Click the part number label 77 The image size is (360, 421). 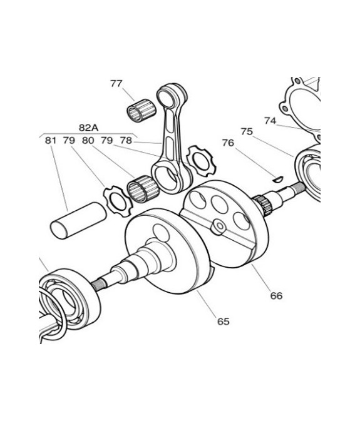coord(116,83)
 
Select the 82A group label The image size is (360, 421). coord(88,128)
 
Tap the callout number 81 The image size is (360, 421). coord(51,140)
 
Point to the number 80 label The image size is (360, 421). coord(88,140)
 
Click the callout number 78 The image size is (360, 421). coord(126,140)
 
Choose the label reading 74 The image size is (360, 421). coord(270,121)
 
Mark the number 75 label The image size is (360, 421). coord(247,131)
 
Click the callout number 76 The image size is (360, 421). coord(228,143)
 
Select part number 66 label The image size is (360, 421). coord(277,296)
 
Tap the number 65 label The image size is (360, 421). coord(224,322)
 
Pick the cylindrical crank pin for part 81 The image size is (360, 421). coord(78,220)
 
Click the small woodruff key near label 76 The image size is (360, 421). coord(277,179)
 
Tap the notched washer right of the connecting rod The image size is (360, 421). coord(202,161)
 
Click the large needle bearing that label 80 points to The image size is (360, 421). coord(143,189)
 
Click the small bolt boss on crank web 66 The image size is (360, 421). coord(218,227)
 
